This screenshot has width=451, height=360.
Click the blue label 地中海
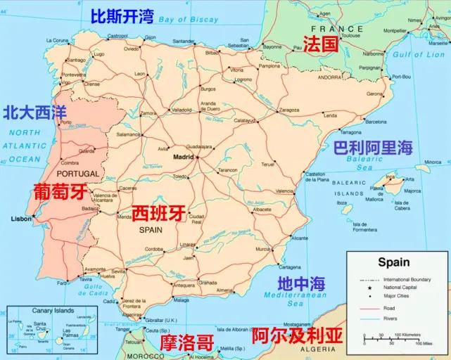click(x=301, y=283)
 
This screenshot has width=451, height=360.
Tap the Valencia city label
click(x=284, y=191)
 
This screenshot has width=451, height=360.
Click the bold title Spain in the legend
click(x=393, y=262)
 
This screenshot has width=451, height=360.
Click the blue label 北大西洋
click(x=34, y=112)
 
